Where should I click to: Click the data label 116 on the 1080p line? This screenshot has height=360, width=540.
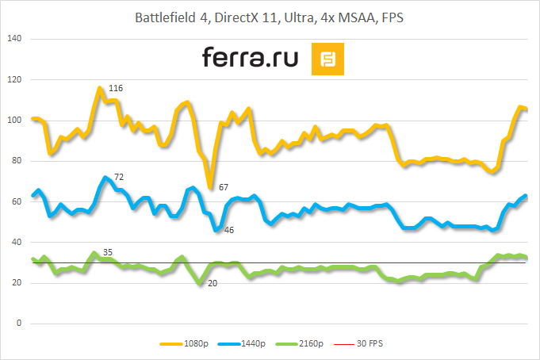tap(115, 88)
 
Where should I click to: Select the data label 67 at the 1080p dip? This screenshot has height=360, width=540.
tap(224, 188)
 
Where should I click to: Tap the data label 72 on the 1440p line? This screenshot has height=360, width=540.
tap(119, 176)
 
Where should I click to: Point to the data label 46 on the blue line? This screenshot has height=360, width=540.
tap(229, 230)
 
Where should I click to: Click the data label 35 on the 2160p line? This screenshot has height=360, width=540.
tap(108, 253)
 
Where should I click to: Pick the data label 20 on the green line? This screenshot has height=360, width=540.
tap(213, 283)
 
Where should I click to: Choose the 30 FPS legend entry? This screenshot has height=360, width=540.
tap(370, 343)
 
